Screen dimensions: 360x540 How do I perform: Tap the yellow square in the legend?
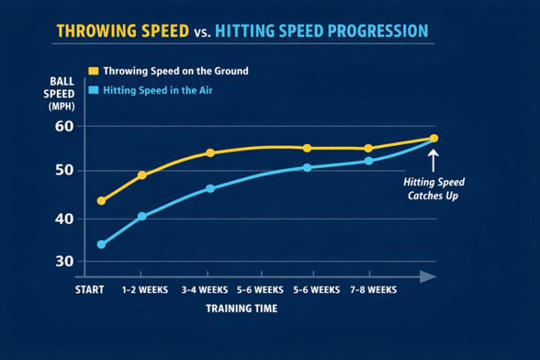point(94,70)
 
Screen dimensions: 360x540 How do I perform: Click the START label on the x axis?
point(90,289)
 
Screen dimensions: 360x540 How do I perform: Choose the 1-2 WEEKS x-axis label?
point(145,289)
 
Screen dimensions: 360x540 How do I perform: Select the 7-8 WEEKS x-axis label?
point(372,289)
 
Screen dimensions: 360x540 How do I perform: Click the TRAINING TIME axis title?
point(242,308)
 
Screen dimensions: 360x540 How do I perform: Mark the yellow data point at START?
point(101,201)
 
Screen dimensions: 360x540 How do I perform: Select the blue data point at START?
point(101,244)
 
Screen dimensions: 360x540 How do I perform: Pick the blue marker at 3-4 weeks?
point(210,188)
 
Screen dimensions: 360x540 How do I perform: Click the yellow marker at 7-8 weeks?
point(368,148)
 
